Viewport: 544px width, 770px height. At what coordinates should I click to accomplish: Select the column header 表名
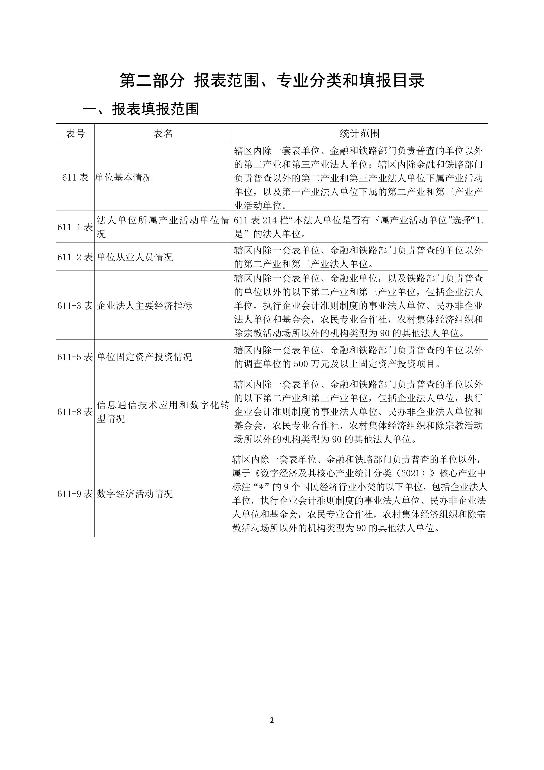click(x=163, y=133)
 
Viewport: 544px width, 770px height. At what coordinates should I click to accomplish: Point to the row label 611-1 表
click(x=75, y=227)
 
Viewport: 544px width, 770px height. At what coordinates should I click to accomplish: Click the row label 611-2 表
click(x=75, y=257)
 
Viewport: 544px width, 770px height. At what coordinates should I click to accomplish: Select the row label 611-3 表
click(x=75, y=306)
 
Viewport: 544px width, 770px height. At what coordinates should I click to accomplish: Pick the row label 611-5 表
click(x=75, y=357)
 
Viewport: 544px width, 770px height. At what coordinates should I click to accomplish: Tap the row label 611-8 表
click(x=75, y=412)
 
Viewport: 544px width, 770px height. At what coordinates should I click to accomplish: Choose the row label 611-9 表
click(x=75, y=494)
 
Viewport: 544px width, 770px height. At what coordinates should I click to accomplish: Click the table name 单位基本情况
click(x=123, y=177)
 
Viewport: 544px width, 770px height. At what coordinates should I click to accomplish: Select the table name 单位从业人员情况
click(x=135, y=257)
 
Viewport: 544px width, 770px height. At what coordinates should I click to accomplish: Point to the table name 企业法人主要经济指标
click(x=145, y=306)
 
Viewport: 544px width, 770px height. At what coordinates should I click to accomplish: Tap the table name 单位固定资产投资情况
click(x=145, y=357)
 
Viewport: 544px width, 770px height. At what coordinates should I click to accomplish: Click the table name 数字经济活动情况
click(x=135, y=494)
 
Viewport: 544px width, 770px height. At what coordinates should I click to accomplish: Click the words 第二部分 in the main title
click(x=152, y=81)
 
